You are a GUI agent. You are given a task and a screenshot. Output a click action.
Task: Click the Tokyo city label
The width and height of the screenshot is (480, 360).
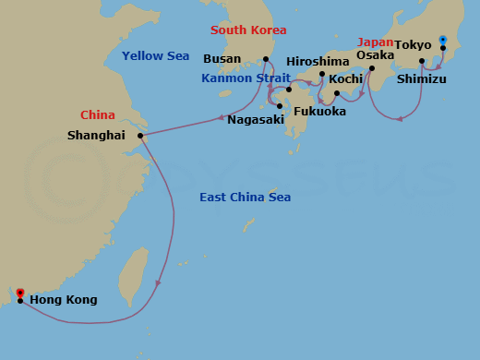coord(413,44)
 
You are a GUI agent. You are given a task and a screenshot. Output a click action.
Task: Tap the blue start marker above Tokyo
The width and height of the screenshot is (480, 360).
coord(443,40)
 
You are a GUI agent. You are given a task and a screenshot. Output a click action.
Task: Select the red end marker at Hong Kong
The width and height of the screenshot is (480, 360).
coord(20,293)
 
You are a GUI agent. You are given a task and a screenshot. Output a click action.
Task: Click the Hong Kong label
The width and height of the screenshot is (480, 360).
coord(63,300)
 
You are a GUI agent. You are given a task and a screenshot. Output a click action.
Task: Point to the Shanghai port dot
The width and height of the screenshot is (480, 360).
coord(140,137)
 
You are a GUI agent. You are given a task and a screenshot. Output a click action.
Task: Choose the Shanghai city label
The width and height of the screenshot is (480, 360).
coord(96,136)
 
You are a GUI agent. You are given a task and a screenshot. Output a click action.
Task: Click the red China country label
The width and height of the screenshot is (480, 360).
coord(98,115)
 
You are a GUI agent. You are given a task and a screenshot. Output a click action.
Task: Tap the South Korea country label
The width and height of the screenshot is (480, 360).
coord(248,30)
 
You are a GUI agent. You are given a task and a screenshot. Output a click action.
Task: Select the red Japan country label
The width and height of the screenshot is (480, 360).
coord(376,42)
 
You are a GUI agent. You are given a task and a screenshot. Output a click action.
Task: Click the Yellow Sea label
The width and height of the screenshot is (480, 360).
coord(155,56)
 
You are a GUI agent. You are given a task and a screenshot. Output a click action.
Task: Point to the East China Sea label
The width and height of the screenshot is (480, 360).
coord(246,198)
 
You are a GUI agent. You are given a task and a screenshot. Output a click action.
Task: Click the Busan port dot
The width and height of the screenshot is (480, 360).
coord(266,60)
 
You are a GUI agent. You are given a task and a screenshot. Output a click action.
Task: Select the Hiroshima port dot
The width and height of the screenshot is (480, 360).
coord(322,74)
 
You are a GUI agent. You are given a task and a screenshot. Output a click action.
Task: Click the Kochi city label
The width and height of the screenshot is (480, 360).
coord(344,80)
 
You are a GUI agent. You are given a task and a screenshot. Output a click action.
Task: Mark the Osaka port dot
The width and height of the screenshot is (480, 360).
coord(371,67)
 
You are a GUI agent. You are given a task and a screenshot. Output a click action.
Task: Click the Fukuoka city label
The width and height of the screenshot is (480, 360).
coord(321,112)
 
